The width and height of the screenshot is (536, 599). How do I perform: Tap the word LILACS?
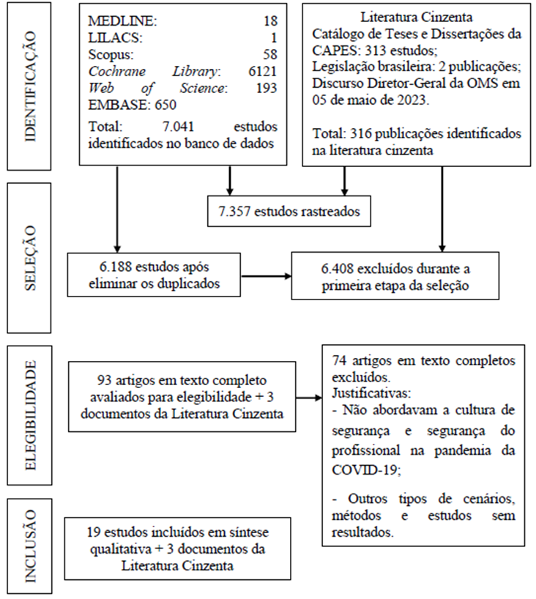click(113, 38)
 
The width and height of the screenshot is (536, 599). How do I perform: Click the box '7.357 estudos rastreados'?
click(291, 211)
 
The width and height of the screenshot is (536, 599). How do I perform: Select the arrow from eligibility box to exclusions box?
click(308, 400)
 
